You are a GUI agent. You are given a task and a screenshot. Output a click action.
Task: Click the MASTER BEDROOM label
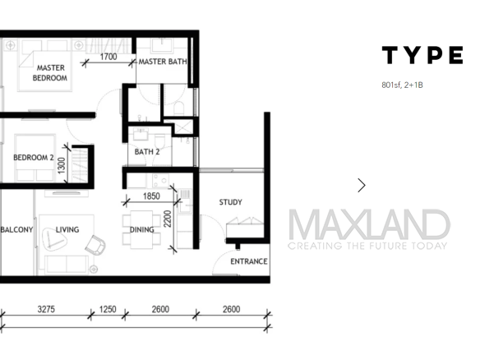pyautogui.click(x=50, y=73)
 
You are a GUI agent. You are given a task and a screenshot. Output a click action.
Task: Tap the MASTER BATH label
pyautogui.click(x=163, y=62)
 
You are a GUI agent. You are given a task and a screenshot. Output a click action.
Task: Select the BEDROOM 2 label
pyautogui.click(x=34, y=157)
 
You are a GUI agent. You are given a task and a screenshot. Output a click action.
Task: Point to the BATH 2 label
pyautogui.click(x=147, y=151)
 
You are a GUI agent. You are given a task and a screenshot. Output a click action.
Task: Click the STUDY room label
pyautogui.click(x=230, y=202)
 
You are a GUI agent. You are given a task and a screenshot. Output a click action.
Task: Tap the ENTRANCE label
pyautogui.click(x=249, y=261)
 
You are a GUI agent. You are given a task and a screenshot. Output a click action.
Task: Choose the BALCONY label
pyautogui.click(x=16, y=229)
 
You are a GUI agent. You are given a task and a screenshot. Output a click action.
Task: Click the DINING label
pyautogui.click(x=141, y=229)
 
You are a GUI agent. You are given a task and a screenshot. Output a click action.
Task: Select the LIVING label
pyautogui.click(x=67, y=229)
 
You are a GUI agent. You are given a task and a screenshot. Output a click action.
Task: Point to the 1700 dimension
pyautogui.click(x=108, y=57)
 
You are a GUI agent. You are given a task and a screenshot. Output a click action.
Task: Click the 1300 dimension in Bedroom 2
pyautogui.click(x=62, y=165)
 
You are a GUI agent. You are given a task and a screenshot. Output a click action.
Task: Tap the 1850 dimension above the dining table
pyautogui.click(x=151, y=196)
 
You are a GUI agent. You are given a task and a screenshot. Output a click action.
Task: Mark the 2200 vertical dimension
pyautogui.click(x=168, y=219)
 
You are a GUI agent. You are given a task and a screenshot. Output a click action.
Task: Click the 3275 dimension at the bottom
pyautogui.click(x=46, y=309)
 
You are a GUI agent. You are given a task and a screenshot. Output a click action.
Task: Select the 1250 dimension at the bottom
pyautogui.click(x=108, y=309)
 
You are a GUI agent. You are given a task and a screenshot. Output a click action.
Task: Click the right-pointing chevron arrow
pyautogui.click(x=362, y=185)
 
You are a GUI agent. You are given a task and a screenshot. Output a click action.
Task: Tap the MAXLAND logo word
pyautogui.click(x=369, y=224)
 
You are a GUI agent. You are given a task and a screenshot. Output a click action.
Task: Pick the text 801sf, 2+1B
pyautogui.click(x=402, y=85)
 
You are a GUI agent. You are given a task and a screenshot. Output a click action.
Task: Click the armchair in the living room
pyautogui.click(x=95, y=245)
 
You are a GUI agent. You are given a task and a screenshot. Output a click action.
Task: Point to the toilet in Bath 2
pyautogui.click(x=159, y=141)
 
